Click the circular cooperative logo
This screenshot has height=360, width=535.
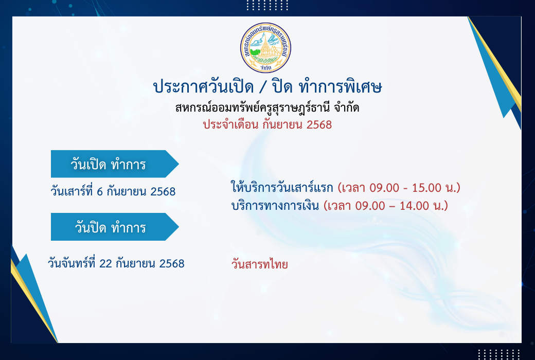pos(265,47)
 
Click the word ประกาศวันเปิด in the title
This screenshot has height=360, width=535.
pos(203,87)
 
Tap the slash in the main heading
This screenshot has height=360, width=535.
pos(262,87)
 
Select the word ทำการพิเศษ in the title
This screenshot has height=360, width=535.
pos(340,87)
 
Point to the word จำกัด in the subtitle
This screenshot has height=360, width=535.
pos(346,108)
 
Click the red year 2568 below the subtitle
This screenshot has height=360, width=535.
pos(319,125)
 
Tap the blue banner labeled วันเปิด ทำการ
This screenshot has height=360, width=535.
pos(115,164)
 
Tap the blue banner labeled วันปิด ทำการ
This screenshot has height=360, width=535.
pos(115,227)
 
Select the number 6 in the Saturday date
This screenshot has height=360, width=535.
pos(100,192)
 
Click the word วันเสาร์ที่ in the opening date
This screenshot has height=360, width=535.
pos(72,191)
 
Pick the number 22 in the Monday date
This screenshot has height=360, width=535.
pos(106,264)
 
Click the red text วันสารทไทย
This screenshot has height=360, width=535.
pos(260,264)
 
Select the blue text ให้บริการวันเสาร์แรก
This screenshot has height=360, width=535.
pos(282,187)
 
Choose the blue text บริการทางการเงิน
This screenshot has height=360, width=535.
pos(275,206)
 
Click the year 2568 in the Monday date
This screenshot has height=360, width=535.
pos(172,264)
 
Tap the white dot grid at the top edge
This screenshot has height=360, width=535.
pos(267,5)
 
